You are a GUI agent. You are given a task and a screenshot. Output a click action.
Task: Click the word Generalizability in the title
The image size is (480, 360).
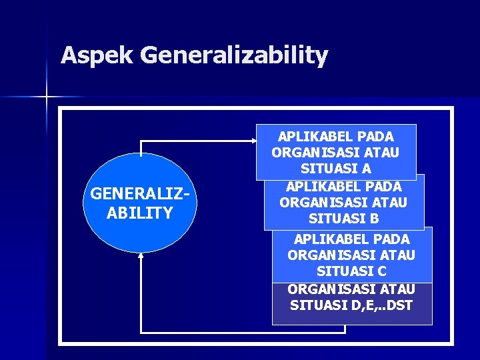tap(234, 56)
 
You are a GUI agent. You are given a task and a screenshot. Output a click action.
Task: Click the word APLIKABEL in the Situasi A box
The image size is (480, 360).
tap(307, 137)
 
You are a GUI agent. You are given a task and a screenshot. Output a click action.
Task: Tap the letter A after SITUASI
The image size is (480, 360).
tap(367, 169)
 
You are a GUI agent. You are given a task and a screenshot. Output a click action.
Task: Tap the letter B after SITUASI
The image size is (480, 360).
tap(375, 218)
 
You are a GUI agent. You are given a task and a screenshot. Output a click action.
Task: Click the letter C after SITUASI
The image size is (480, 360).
tap(382, 271)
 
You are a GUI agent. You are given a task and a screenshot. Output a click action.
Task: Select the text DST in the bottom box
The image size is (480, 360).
tap(400, 306)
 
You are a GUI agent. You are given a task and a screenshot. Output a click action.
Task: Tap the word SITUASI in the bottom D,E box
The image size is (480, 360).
tap(317, 306)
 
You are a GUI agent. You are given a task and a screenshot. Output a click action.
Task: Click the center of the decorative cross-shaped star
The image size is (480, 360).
tap(47, 97)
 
